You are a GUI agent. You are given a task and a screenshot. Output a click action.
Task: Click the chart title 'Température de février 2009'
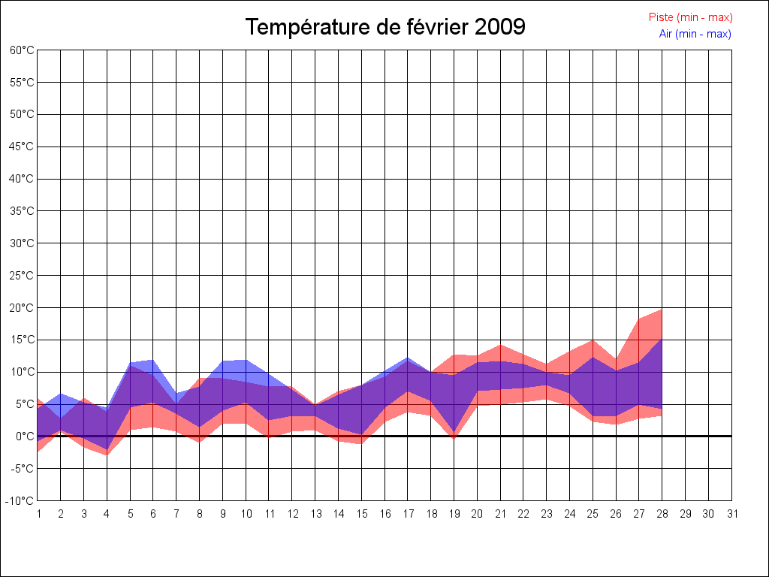pyautogui.click(x=385, y=27)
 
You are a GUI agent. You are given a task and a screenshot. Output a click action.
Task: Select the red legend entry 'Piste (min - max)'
pyautogui.click(x=690, y=17)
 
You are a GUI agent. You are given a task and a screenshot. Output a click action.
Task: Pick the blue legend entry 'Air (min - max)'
pyautogui.click(x=695, y=34)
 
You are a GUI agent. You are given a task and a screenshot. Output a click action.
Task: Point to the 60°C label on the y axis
pyautogui.click(x=22, y=50)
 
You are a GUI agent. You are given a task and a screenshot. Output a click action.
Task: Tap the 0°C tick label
pyautogui.click(x=25, y=437)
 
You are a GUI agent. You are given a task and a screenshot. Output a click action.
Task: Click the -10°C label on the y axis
pyautogui.click(x=20, y=501)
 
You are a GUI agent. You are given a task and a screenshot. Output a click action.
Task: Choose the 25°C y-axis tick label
pyautogui.click(x=22, y=276)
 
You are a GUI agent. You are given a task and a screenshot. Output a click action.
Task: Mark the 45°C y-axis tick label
pyautogui.click(x=22, y=147)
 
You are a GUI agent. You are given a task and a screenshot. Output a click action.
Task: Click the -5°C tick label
pyautogui.click(x=23, y=469)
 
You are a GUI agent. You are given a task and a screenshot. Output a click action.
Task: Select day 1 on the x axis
pyautogui.click(x=38, y=514)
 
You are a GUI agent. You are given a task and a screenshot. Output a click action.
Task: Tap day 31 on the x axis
pyautogui.click(x=732, y=514)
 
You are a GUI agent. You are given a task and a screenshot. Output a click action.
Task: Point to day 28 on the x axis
pyautogui.click(x=662, y=514)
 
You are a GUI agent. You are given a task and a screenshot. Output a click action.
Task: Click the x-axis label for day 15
pyautogui.click(x=362, y=514)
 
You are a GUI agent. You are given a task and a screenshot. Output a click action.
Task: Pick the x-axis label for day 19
pyautogui.click(x=454, y=514)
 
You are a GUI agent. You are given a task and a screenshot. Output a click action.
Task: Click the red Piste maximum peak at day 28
pyautogui.click(x=662, y=310)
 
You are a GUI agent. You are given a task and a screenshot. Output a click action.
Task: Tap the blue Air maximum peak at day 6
pyautogui.click(x=153, y=361)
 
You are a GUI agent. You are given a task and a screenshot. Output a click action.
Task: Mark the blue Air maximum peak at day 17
pyautogui.click(x=408, y=358)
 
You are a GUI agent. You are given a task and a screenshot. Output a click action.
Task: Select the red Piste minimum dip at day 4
pyautogui.click(x=107, y=455)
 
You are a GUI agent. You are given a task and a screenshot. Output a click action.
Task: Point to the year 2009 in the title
pyautogui.click(x=500, y=27)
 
